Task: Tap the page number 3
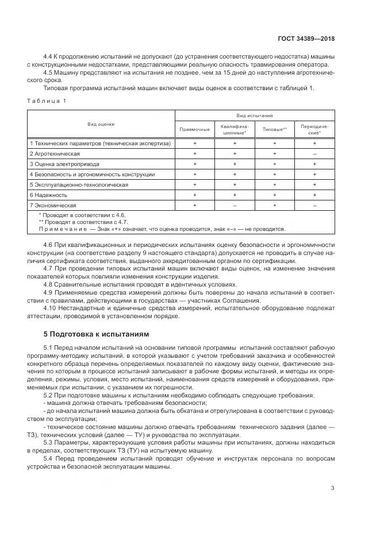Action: pos(333,488)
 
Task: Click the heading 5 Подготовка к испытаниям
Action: pos(96,333)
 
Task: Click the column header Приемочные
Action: pos(195,129)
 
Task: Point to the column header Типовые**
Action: pos(274,129)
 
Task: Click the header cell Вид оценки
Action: pos(101,123)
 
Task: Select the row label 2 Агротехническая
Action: pos(55,154)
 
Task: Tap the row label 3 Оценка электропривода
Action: pos(63,164)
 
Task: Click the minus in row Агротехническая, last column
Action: pos(314,154)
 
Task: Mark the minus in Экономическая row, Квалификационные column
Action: pos(234,205)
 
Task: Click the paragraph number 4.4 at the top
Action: pos(48,56)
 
